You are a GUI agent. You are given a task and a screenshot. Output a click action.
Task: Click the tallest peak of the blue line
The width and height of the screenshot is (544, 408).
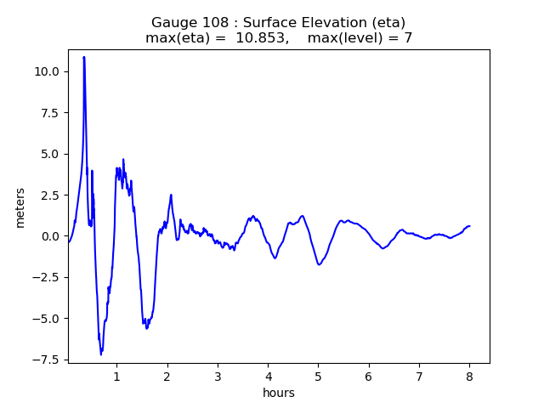[83, 57]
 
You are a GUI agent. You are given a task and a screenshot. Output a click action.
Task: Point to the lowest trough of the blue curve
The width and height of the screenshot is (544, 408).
[101, 354]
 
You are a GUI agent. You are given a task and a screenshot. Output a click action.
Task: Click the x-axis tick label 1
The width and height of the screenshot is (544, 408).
[116, 376]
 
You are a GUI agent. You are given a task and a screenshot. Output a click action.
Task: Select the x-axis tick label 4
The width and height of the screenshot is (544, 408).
[268, 376]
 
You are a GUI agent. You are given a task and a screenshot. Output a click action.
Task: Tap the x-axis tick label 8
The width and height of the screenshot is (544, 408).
[469, 376]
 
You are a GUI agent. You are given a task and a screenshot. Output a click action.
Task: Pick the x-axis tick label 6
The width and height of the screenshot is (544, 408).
[369, 376]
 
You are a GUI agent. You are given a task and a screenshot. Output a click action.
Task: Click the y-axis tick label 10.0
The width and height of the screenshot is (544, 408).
[48, 71]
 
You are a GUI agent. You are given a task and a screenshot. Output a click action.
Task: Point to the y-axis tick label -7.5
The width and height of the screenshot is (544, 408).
[46, 360]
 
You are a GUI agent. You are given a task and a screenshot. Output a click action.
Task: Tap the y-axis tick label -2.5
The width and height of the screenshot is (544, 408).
[46, 278]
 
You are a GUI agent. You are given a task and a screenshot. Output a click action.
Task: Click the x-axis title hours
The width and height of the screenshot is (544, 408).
[279, 393]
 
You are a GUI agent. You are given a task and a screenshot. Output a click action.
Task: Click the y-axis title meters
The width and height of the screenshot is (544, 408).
[20, 207]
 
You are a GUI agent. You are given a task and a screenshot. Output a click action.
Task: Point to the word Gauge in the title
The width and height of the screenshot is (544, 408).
[173, 22]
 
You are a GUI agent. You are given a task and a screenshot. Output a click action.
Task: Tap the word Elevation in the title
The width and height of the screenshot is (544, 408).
[323, 22]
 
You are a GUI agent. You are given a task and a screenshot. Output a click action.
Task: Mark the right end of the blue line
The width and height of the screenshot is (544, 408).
[469, 226]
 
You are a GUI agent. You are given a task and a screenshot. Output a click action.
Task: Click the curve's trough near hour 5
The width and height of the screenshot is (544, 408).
[319, 264]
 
